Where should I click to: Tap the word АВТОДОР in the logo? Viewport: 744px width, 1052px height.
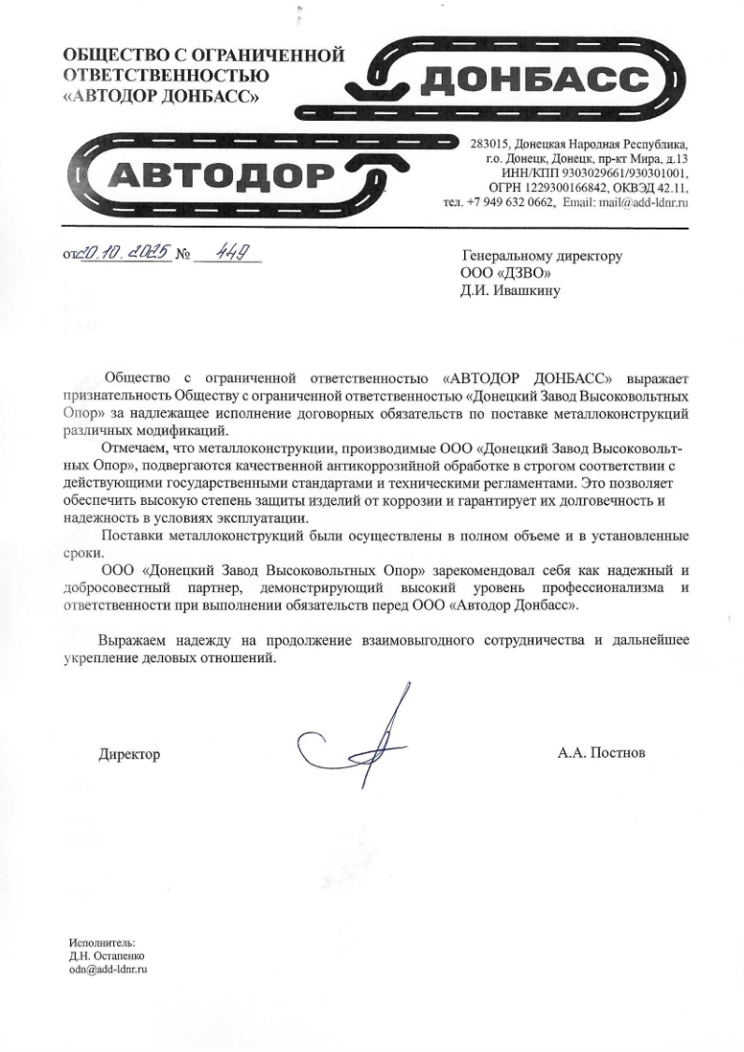point(225,174)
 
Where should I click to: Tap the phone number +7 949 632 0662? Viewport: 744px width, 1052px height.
point(510,201)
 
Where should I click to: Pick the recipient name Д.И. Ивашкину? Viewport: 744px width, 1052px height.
point(512,289)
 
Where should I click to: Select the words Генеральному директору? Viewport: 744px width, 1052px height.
point(543,255)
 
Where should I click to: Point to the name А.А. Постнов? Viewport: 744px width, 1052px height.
point(601,752)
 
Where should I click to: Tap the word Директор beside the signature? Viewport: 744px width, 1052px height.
point(129,754)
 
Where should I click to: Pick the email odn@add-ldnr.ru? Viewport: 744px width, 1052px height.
point(109,970)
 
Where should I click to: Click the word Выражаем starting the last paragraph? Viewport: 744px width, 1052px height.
point(130,641)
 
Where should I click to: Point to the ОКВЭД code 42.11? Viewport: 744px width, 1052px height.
point(673,187)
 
